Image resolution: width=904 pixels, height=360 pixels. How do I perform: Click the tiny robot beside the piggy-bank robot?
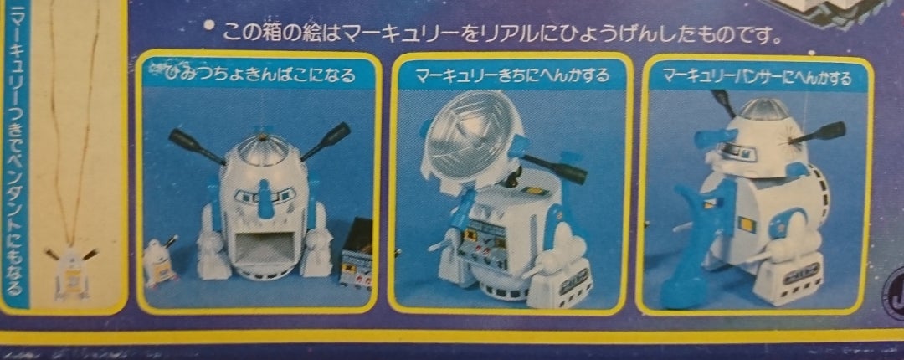(x=158, y=260)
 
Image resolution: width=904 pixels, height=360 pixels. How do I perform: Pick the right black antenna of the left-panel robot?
(x=326, y=141)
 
